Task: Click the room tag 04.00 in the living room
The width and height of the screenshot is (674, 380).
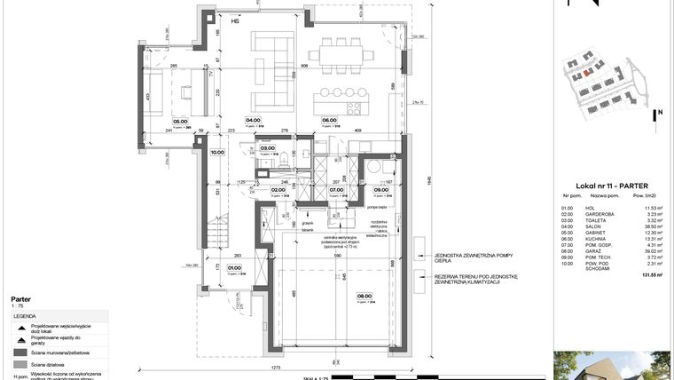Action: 253,120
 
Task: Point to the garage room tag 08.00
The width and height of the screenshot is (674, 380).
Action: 364,297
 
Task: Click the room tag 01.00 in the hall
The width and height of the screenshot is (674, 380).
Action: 234,267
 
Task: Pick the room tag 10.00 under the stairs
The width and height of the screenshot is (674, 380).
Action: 217,152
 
